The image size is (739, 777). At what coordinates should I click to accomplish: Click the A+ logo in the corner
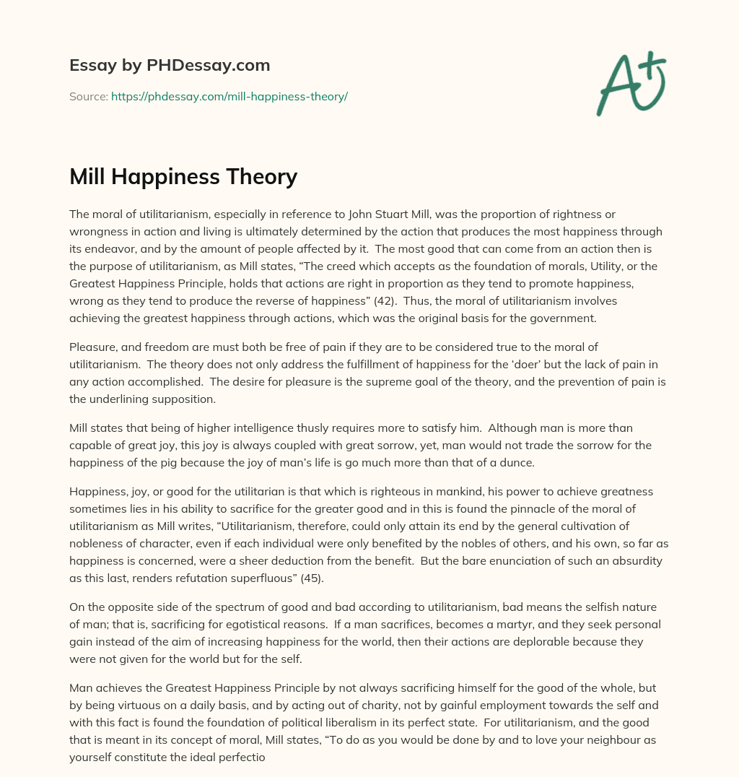pyautogui.click(x=630, y=84)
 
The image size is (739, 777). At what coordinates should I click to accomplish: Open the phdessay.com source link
pyautogui.click(x=229, y=96)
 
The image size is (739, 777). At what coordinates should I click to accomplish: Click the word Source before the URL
pyautogui.click(x=88, y=96)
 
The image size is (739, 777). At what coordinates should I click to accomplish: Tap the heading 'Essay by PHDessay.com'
pyautogui.click(x=170, y=65)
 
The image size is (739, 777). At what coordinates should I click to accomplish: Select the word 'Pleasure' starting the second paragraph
pyautogui.click(x=91, y=348)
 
